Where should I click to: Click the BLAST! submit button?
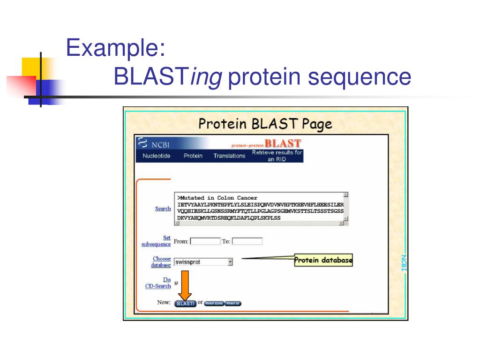[x=185, y=303]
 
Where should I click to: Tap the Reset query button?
[x=214, y=303]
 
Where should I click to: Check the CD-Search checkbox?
[x=176, y=283]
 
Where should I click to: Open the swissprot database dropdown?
[x=230, y=262]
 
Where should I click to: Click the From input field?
[x=205, y=241]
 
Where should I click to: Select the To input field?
[x=247, y=241]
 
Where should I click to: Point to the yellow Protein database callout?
[x=323, y=260]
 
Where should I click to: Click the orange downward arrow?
[x=185, y=285]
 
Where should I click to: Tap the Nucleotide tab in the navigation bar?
[x=156, y=156]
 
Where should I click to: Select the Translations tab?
[x=229, y=156]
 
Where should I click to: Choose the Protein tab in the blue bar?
[x=193, y=156]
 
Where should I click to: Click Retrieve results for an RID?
[x=277, y=156]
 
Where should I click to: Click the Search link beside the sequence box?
[x=163, y=209]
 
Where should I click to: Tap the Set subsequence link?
[x=157, y=241]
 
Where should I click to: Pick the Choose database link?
[x=161, y=262]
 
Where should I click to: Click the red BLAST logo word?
[x=283, y=143]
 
